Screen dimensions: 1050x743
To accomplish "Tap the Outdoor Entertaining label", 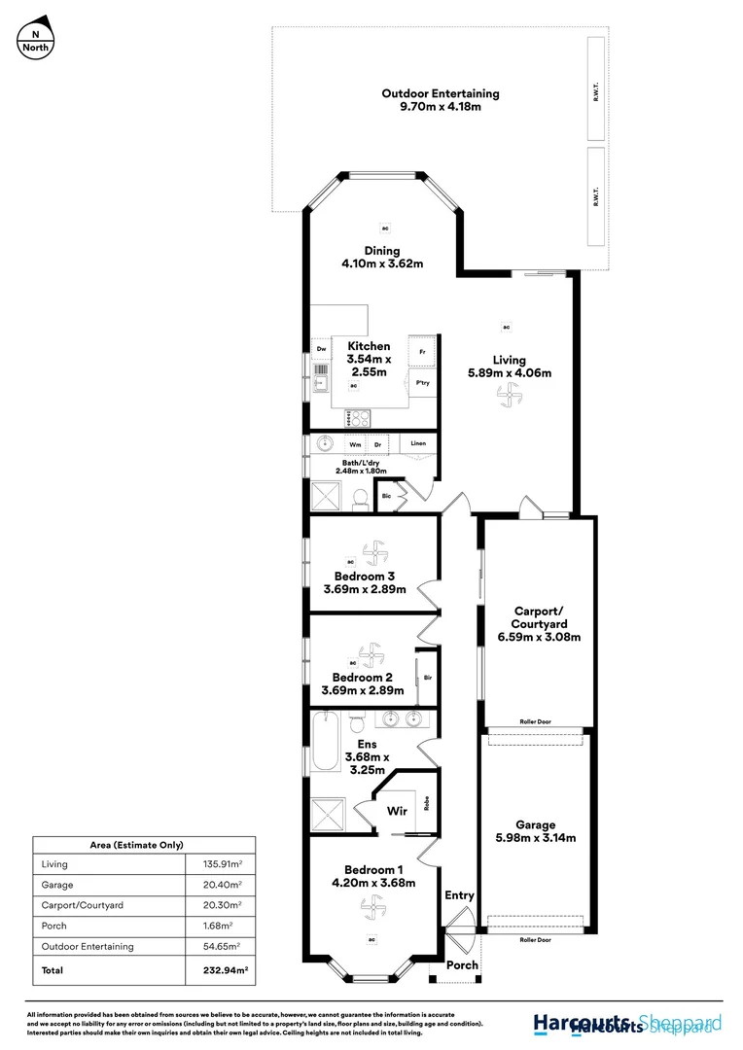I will click(440, 93).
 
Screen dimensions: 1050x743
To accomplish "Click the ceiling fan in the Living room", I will click(508, 394).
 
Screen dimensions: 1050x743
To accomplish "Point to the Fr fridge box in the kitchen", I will click(422, 351).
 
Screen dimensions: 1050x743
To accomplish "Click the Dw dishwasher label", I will click(320, 348).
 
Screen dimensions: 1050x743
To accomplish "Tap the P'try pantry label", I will click(422, 383).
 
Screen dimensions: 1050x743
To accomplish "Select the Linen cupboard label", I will click(418, 443).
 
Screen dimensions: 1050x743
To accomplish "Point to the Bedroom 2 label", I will click(362, 677).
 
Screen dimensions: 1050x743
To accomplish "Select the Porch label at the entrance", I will click(462, 965).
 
